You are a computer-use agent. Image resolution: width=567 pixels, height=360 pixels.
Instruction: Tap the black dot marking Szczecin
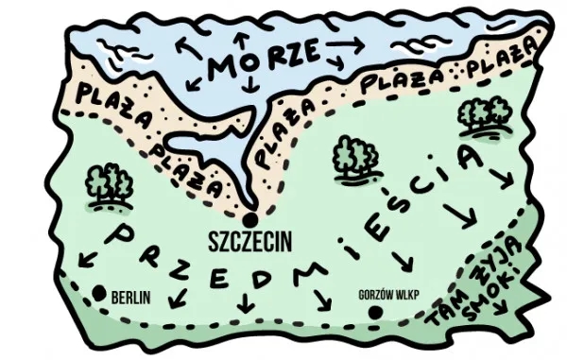[x=250, y=216]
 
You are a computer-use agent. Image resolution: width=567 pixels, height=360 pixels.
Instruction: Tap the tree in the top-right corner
[x=484, y=115]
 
